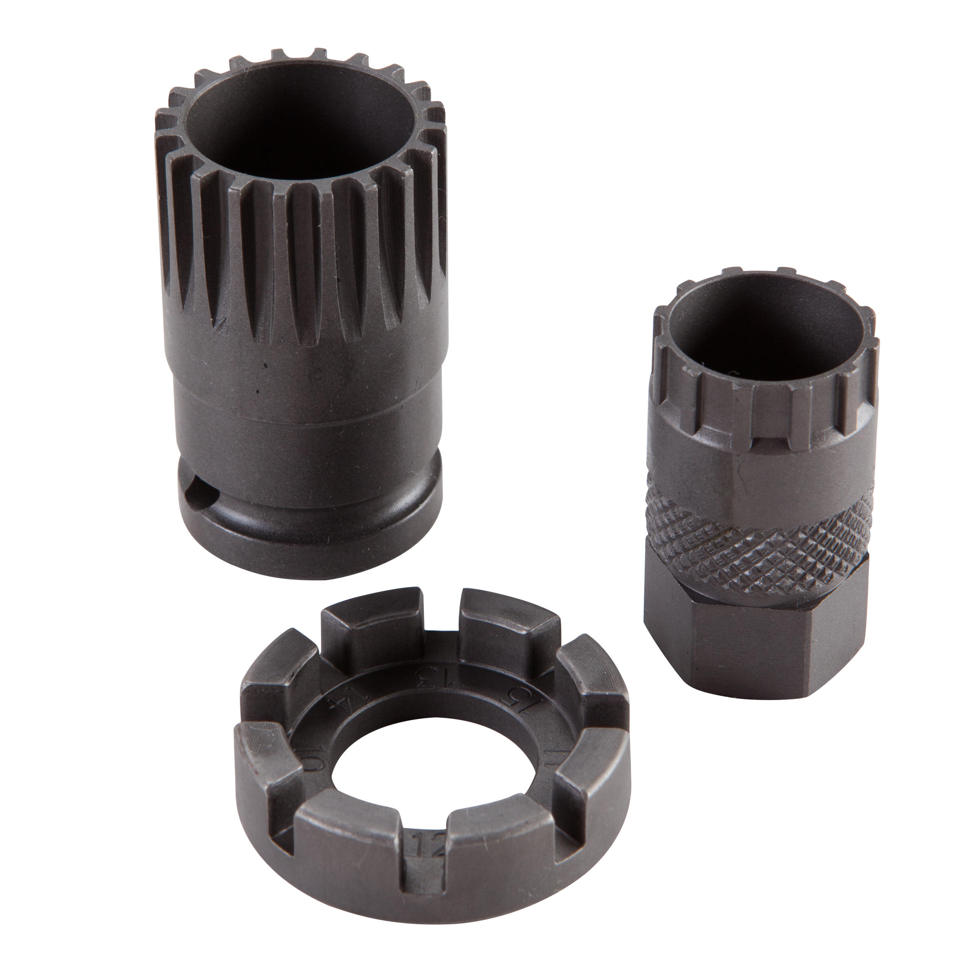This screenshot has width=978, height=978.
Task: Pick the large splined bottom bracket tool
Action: click(309, 304)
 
